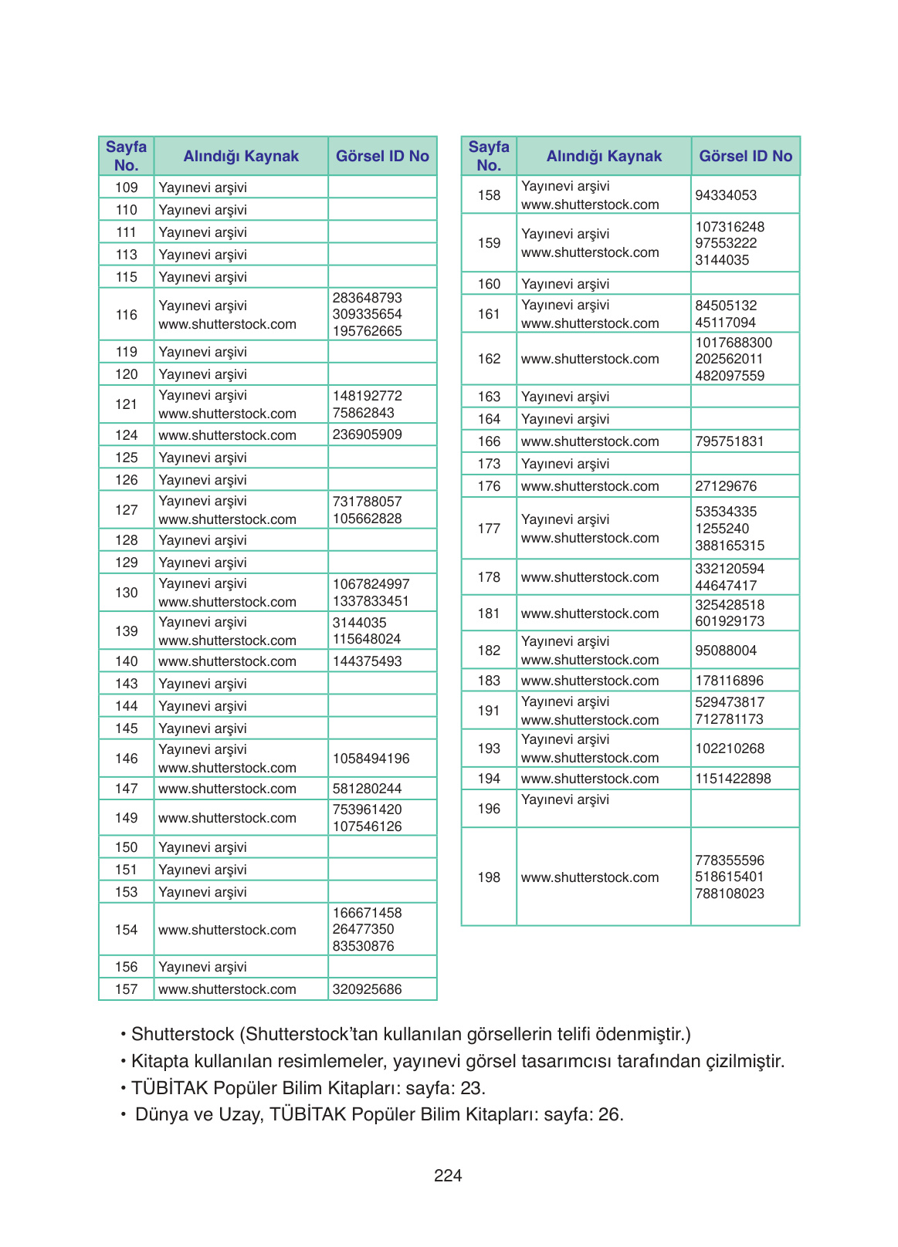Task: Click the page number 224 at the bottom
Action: tap(448, 1175)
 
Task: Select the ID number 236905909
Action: tap(367, 434)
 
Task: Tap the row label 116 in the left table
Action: tap(127, 315)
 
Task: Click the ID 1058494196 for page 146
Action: tap(371, 759)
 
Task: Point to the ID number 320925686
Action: tap(367, 989)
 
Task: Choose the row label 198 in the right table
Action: tap(489, 877)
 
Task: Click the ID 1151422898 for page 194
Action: tap(733, 779)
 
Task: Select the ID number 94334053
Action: tap(726, 195)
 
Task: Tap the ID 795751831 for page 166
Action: tap(729, 441)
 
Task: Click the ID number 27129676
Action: tap(726, 486)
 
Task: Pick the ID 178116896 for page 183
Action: tap(729, 681)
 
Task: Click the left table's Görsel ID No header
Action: tap(382, 156)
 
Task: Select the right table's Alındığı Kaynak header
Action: tap(604, 156)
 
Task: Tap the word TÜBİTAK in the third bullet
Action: tap(169, 1088)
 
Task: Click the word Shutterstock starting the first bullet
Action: tap(182, 1034)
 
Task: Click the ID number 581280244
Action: tap(367, 789)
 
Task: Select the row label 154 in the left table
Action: tap(127, 930)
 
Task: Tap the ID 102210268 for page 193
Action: tap(729, 749)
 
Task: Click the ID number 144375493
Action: tap(367, 661)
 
